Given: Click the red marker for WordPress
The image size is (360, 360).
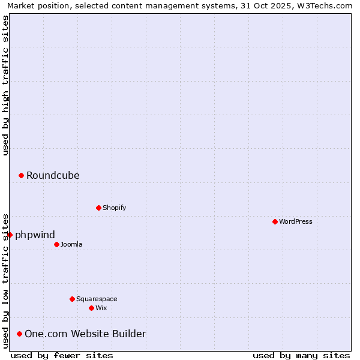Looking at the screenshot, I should [x=275, y=221].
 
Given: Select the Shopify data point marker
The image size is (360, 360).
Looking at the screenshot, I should [x=98, y=208].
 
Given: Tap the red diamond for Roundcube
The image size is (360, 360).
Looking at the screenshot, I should [x=21, y=175].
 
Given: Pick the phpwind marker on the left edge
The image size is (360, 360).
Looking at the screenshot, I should [x=10, y=235].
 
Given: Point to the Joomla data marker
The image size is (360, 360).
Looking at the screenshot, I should [x=56, y=244].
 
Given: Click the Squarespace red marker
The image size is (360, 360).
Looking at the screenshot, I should [x=72, y=299].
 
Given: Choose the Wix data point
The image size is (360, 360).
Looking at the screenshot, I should [x=91, y=308].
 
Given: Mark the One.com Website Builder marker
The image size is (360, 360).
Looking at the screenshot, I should [x=20, y=334].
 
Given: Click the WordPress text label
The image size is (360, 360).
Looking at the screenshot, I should [x=296, y=221].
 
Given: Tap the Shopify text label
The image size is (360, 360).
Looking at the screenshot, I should [x=114, y=208].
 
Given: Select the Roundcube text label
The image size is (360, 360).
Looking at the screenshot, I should [x=53, y=175].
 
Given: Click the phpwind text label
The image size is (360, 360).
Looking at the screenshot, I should [x=35, y=235].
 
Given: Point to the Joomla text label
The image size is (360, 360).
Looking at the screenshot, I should [x=71, y=244].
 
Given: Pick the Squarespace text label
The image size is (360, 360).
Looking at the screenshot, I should [x=97, y=299].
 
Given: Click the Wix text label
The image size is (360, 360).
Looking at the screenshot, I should [x=101, y=308].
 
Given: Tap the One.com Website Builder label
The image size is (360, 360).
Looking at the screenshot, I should [x=85, y=334].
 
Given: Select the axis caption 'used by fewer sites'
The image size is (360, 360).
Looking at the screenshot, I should [x=62, y=355].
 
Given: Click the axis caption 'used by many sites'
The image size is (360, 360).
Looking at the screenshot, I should [x=301, y=355].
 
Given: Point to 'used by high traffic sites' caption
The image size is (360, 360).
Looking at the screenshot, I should [x=5, y=85].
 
